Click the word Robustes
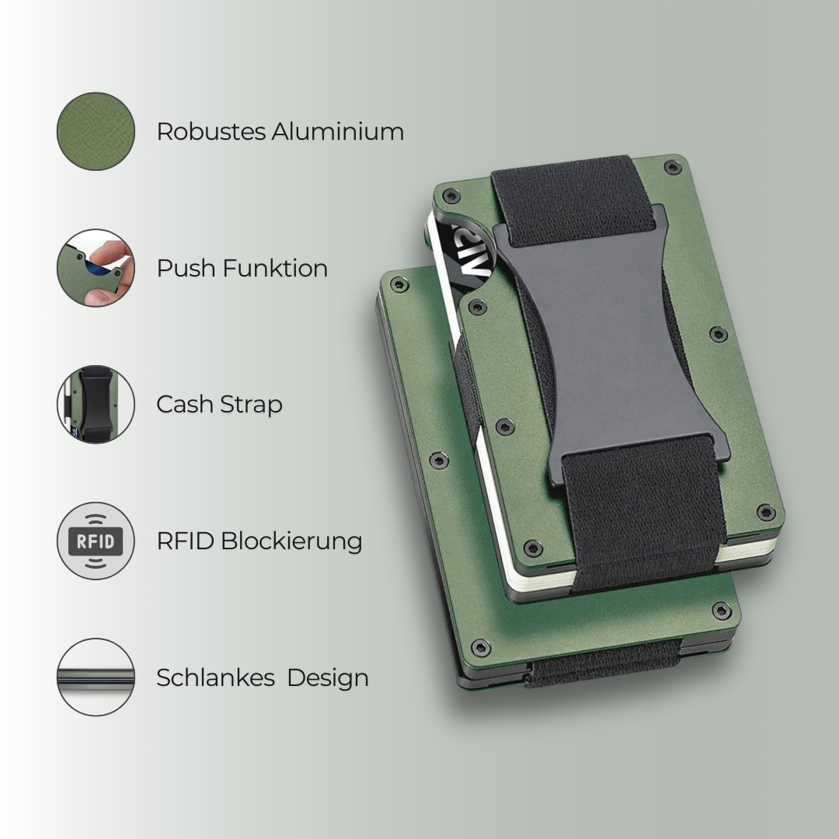211,131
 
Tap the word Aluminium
337,131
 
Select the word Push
186,268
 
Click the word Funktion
275,268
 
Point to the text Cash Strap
219,405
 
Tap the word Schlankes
215,677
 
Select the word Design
327,677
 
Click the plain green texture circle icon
96,131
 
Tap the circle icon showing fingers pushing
96,268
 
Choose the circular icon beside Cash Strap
96,405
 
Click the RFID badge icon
96,541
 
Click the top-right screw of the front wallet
673,167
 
